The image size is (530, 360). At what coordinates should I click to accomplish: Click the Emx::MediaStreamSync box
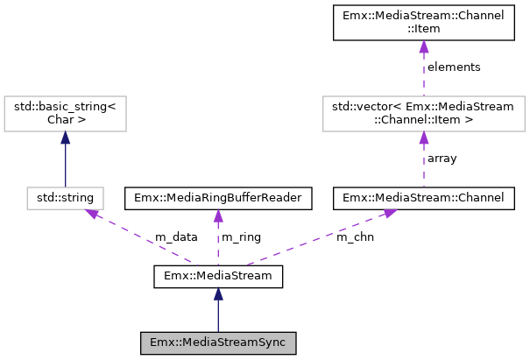click(218, 342)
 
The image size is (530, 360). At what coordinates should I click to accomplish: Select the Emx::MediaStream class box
click(218, 277)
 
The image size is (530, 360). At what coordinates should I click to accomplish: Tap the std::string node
click(66, 198)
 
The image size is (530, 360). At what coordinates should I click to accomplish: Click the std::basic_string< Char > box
click(66, 113)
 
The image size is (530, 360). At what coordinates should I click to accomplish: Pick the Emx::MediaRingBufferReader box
click(218, 198)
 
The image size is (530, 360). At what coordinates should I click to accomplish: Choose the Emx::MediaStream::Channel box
click(423, 198)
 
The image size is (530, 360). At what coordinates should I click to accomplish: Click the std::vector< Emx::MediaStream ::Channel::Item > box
click(423, 113)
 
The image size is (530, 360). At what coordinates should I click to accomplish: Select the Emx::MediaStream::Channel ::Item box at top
click(423, 23)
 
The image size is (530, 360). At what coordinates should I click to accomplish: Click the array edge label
click(442, 159)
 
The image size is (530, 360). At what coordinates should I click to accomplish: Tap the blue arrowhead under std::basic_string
click(66, 138)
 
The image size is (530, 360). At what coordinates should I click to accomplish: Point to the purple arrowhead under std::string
click(89, 214)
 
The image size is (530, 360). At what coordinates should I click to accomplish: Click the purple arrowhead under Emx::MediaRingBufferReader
click(218, 215)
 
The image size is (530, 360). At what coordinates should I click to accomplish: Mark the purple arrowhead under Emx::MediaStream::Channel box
click(388, 213)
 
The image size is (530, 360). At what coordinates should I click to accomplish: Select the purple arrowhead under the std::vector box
click(423, 138)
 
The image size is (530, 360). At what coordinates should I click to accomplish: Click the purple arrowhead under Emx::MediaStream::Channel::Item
click(423, 46)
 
